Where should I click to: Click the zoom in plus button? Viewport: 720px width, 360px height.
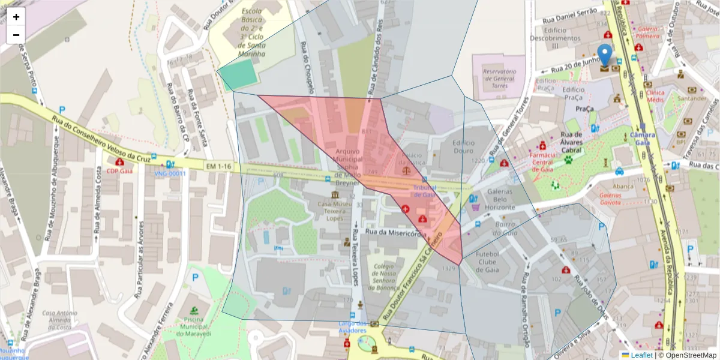point(16,17)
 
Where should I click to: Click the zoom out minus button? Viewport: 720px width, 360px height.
point(16,35)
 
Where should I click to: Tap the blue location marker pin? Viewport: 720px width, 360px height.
point(605,55)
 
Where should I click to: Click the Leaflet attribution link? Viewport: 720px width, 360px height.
point(641,355)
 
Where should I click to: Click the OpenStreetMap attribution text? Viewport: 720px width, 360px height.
point(689,355)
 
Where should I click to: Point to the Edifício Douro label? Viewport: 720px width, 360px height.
point(460,148)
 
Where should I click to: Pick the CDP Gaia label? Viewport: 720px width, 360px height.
point(119,171)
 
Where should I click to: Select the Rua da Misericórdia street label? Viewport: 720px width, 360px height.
point(396,233)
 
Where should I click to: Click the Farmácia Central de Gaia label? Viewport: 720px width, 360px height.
point(542,161)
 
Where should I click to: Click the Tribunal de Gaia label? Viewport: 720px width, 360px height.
point(424,191)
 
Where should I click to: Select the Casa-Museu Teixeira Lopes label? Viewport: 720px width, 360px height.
point(336,211)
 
